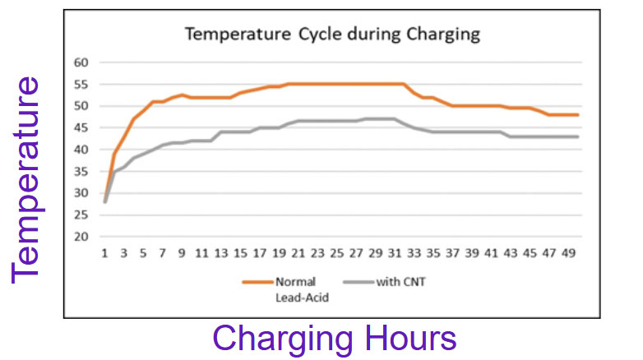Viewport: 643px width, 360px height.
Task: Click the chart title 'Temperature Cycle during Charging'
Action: (x=332, y=35)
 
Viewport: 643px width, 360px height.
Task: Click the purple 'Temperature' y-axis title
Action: (x=25, y=179)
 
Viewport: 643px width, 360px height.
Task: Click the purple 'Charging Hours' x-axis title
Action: (x=334, y=338)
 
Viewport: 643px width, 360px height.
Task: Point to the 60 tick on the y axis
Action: (x=81, y=62)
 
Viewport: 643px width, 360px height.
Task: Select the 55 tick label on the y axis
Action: (x=81, y=85)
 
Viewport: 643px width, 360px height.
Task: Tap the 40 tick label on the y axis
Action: (x=81, y=150)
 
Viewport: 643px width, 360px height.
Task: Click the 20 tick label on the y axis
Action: (x=81, y=237)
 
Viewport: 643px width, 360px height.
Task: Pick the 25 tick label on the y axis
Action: (x=81, y=215)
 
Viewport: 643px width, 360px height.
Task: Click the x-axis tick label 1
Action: (x=105, y=255)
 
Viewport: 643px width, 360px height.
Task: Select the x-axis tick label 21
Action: (x=298, y=255)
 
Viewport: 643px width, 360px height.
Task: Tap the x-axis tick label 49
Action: (x=568, y=255)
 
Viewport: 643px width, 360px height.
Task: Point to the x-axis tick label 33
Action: (x=414, y=255)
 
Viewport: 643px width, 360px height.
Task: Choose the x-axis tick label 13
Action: (x=221, y=255)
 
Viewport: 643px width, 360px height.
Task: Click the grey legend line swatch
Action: (x=355, y=281)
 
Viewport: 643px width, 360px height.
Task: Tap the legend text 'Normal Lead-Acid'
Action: (x=302, y=289)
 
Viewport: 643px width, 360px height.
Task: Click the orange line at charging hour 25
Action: (x=336, y=84)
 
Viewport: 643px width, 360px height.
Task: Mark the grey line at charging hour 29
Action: (x=375, y=118)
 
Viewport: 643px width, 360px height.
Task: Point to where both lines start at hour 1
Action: (x=105, y=201)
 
